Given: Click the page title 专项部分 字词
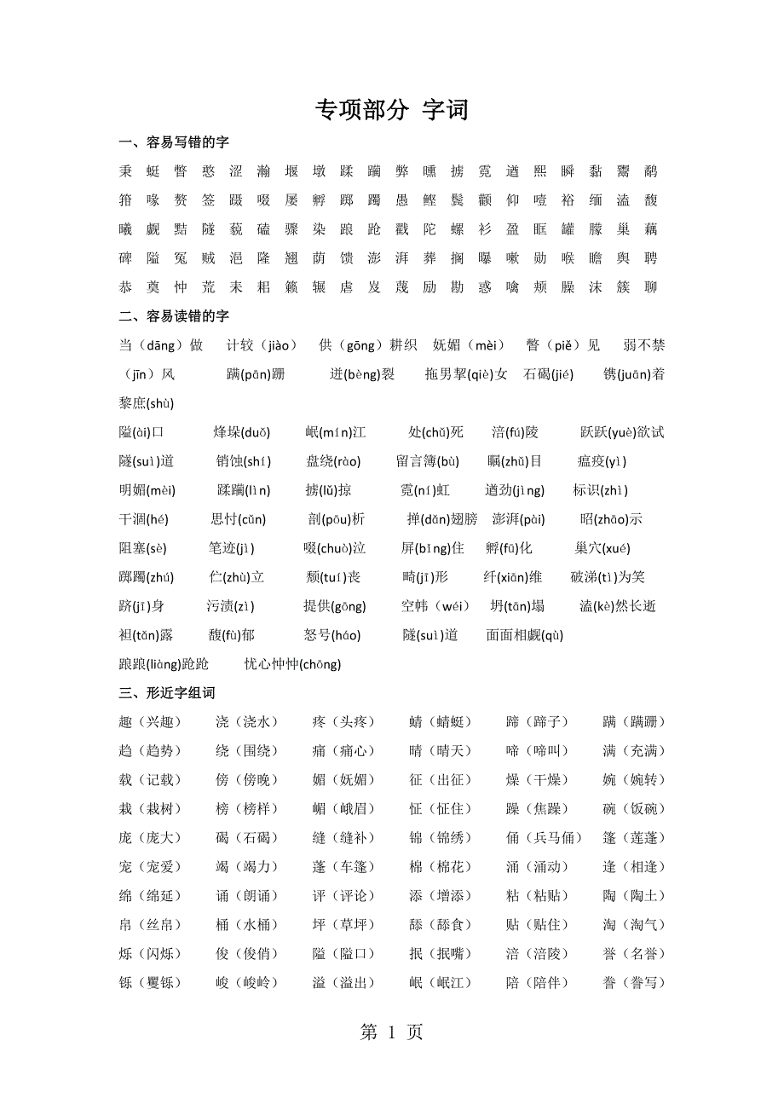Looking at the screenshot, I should pos(392,110).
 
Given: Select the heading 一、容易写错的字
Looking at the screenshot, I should pos(175,142).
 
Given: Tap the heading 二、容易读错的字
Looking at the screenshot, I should pos(175,316).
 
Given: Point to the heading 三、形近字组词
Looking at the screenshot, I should pos(168,693).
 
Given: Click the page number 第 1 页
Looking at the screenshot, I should pos(392,1032).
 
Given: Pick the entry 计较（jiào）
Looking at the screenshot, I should pos(262,345).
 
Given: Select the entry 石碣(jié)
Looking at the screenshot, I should pos(548,374).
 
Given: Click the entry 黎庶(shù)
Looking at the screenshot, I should pos(147,403).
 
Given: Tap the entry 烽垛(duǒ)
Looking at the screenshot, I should pos(242,432).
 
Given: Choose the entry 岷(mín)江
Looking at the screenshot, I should pos(336,432).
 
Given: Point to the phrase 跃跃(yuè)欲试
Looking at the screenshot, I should pos(622,432).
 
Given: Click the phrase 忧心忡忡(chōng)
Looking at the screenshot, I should pos(292,664).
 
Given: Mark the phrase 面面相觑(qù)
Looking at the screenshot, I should pos(525,635).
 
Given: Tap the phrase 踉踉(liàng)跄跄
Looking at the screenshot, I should pos(164,664).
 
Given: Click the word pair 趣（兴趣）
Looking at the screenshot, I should pos(152,722).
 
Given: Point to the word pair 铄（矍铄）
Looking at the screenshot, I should pos(152,983).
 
